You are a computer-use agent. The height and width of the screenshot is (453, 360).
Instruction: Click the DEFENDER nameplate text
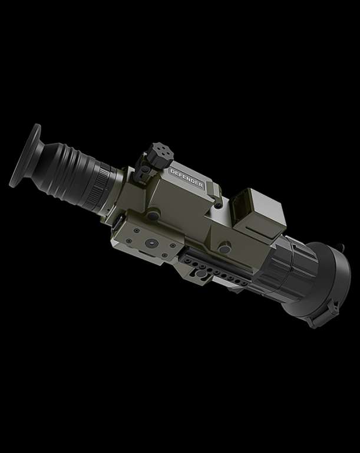(x=187, y=178)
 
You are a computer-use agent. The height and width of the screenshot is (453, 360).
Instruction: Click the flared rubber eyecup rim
(x=25, y=155)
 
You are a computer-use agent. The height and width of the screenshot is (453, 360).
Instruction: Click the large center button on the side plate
(x=150, y=243)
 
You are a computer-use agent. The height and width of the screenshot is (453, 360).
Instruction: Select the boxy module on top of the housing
(x=259, y=212)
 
